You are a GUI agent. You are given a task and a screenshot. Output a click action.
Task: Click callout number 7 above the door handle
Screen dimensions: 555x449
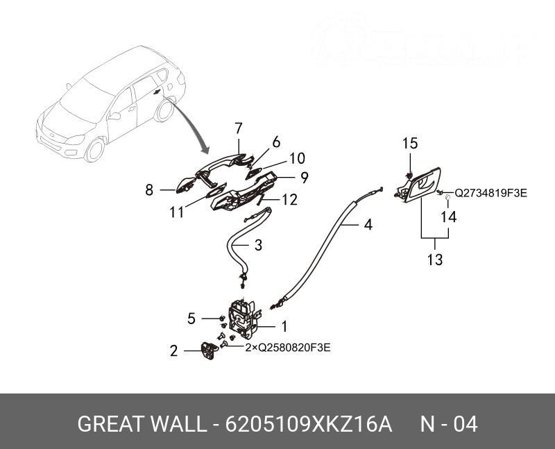[x=238, y=128]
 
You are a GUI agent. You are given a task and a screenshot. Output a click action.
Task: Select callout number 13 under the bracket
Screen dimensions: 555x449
[x=435, y=260]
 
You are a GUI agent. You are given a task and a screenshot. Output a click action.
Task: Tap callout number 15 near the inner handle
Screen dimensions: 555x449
[x=410, y=144]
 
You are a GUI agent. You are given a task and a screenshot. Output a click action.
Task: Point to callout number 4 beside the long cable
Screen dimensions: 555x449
[x=368, y=225]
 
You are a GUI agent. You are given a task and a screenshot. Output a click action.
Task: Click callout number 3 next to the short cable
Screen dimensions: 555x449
[x=257, y=245]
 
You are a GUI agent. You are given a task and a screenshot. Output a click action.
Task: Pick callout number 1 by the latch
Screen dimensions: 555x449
[x=283, y=325]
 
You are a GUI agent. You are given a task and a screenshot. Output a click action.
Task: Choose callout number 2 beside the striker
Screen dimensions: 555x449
[x=174, y=351]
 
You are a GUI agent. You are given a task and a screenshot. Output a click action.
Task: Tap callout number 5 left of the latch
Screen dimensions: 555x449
[x=191, y=319]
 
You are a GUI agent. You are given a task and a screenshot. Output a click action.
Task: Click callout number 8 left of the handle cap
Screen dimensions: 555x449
[x=149, y=189]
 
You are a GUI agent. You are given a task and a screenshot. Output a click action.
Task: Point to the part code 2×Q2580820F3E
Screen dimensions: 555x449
[x=288, y=348]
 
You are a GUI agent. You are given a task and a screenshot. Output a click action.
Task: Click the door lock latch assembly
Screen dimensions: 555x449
[x=245, y=317]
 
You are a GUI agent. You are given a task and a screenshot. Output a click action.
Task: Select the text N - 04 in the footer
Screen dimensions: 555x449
[x=449, y=424]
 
